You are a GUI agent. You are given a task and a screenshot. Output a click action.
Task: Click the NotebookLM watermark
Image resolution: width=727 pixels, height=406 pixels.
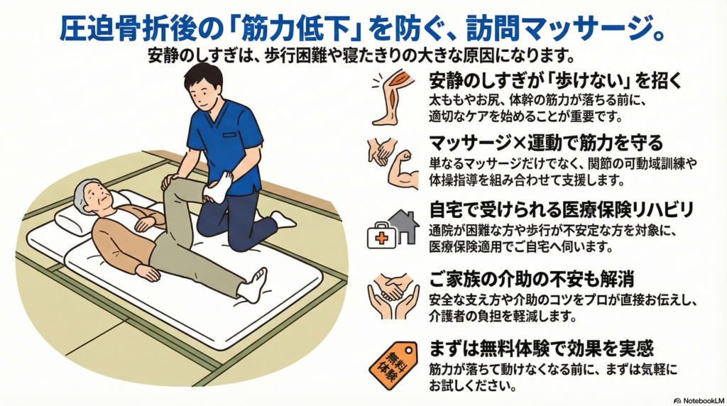(x=699, y=400)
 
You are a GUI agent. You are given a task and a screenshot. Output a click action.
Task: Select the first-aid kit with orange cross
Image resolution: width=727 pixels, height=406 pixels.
(x=381, y=236)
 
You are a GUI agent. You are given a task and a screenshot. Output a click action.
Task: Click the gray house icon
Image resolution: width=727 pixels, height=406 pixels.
(x=403, y=226)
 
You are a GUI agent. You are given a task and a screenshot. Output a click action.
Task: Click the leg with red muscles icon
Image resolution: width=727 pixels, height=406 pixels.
(x=391, y=97)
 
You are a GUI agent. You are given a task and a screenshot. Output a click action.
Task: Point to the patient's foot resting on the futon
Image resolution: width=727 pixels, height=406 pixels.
(x=253, y=284)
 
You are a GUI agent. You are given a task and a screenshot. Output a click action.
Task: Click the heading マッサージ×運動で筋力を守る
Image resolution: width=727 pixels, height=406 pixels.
(x=546, y=142)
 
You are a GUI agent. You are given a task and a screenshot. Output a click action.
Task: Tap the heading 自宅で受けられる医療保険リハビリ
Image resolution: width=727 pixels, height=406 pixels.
(x=561, y=209)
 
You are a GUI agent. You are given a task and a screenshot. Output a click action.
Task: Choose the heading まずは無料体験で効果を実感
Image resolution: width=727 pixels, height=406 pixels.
(x=540, y=348)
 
